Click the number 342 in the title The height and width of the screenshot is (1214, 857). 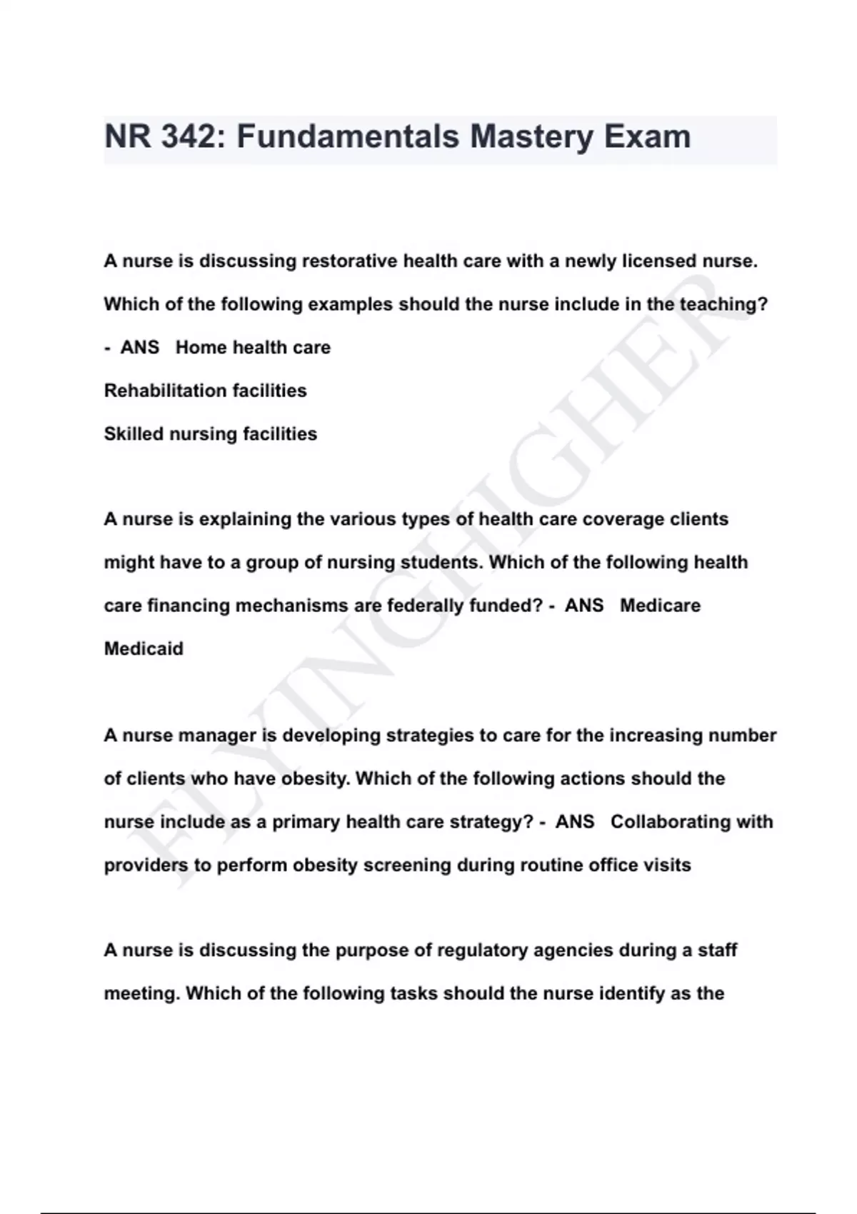pyautogui.click(x=187, y=136)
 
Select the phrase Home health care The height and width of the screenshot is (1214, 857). pyautogui.click(x=253, y=348)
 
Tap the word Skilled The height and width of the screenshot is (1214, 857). pyautogui.click(x=134, y=434)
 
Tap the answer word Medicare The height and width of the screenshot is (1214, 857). pyautogui.click(x=660, y=606)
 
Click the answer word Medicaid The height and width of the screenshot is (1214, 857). pyautogui.click(x=144, y=649)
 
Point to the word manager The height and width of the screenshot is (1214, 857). pyautogui.click(x=216, y=736)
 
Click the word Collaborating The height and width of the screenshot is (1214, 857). pyautogui.click(x=671, y=822)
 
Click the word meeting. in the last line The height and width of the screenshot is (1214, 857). pyautogui.click(x=141, y=994)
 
